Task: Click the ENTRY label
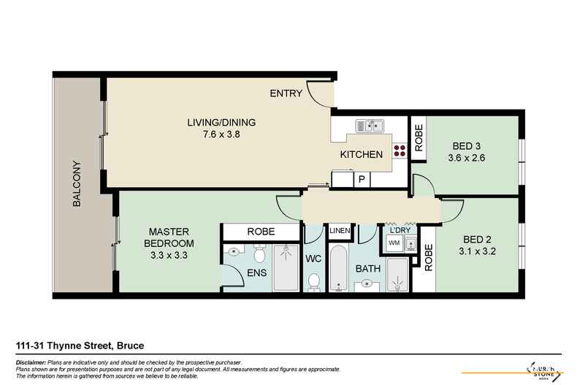[x=286, y=94]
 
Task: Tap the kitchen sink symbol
[x=370, y=126]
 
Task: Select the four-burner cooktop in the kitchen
[x=400, y=151]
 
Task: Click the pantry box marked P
[x=360, y=179]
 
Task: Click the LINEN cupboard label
[x=340, y=231]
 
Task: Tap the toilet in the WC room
[x=315, y=281]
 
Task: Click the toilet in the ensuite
[x=259, y=254]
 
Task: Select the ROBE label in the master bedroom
[x=261, y=232]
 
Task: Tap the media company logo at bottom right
[x=541, y=369]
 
